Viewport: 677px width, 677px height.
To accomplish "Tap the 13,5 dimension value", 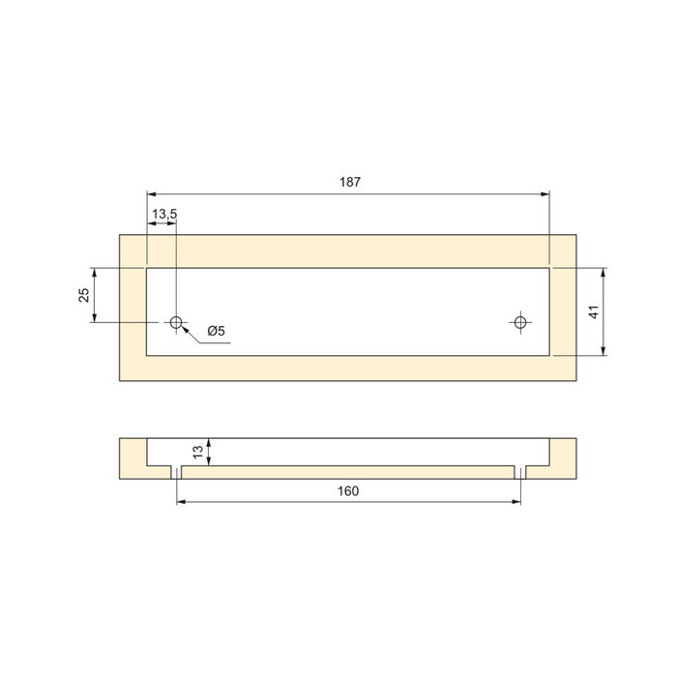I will (162, 213).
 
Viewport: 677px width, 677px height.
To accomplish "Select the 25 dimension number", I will (85, 294).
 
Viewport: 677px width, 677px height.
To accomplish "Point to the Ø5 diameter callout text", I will (216, 332).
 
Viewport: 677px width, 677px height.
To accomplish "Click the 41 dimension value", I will (595, 311).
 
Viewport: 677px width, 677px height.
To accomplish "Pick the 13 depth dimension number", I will (199, 452).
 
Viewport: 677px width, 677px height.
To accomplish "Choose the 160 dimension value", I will (349, 491).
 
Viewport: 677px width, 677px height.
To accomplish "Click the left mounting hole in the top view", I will (177, 321).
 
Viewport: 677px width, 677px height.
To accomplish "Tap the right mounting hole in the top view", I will (521, 321).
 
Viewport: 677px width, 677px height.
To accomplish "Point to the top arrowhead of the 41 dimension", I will (604, 272).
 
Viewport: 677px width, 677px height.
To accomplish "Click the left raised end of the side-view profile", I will (132, 452).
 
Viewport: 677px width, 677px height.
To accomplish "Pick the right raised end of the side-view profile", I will (564, 452).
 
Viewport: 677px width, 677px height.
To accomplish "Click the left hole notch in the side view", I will (177, 472).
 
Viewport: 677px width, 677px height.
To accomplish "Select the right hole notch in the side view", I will (521, 472).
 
